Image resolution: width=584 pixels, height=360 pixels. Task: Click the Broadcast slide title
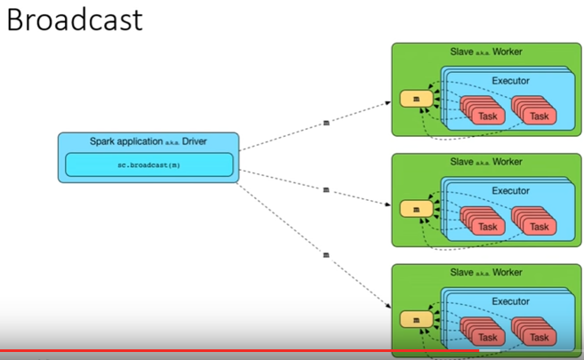point(75,20)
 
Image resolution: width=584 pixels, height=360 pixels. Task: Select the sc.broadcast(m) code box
point(149,164)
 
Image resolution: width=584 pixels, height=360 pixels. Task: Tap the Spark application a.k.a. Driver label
point(148,141)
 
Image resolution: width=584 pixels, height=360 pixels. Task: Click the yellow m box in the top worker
point(416,99)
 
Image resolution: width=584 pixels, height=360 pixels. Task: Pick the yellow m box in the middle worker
point(416,209)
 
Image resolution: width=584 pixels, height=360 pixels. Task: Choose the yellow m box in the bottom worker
point(416,320)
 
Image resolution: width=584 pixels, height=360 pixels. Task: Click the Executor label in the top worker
point(510,81)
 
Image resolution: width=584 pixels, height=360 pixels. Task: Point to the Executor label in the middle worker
point(510,191)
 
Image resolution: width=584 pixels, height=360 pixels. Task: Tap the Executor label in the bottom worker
point(510,301)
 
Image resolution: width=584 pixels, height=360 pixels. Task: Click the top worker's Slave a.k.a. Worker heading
point(486,52)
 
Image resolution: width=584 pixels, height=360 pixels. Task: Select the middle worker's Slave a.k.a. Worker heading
point(486,162)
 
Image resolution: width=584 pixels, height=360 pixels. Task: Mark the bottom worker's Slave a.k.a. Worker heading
point(486,273)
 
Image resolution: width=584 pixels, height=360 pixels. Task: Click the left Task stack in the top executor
point(483,110)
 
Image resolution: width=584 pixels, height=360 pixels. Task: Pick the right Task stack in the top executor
point(533,110)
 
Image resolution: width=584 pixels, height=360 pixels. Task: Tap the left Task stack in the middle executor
point(483,220)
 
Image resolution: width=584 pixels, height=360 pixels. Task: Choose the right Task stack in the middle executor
point(533,220)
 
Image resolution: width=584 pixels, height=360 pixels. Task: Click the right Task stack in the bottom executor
point(533,332)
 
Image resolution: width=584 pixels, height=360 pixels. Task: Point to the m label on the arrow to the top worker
point(326,123)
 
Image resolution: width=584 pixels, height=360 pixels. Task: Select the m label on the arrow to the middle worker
point(326,190)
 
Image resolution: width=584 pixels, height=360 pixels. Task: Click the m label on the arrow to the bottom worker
point(326,255)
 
